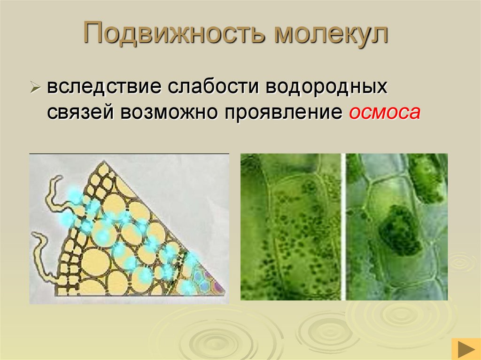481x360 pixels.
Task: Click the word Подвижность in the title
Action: (x=175, y=35)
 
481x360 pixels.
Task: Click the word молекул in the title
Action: (x=332, y=35)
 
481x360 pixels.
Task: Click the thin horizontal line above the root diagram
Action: (x=129, y=153)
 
